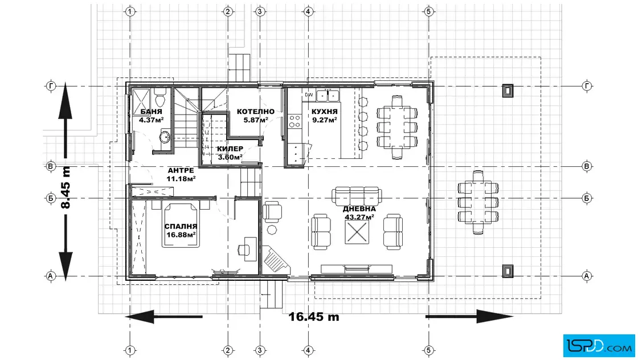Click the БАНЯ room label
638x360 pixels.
(x=152, y=112)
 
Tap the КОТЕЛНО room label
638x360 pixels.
(x=256, y=112)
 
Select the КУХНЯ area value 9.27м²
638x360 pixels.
(x=324, y=120)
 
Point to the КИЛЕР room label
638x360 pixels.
(x=230, y=149)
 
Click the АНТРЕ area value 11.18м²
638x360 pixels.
(x=181, y=179)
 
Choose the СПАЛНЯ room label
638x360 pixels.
(x=181, y=226)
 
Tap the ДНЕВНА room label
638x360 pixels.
(x=359, y=208)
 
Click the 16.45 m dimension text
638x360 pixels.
(x=314, y=317)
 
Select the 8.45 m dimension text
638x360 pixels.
(x=65, y=187)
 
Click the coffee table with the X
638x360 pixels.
(x=357, y=232)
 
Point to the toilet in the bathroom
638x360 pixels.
(x=160, y=97)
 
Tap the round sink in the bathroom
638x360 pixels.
(x=165, y=137)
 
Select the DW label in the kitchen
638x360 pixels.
(x=309, y=95)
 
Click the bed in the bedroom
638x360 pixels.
(x=181, y=226)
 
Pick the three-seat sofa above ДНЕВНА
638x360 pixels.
(x=357, y=195)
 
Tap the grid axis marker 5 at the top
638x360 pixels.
(x=428, y=11)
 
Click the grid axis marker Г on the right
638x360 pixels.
(x=587, y=86)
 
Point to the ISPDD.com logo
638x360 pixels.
(x=599, y=346)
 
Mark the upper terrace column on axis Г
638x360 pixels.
(x=507, y=91)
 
